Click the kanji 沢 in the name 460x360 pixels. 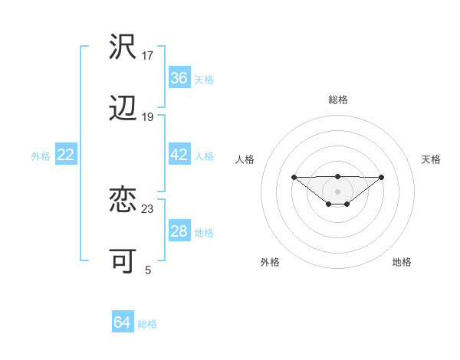123,47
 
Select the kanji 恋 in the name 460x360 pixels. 123,200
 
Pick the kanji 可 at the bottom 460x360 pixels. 123,261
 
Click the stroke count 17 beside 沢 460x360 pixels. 148,55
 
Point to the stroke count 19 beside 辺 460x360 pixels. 148,116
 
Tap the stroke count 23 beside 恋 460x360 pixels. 148,208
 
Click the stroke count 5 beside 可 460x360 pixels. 148,270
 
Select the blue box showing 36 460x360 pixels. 179,78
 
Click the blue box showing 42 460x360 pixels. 179,155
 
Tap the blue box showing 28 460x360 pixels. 179,231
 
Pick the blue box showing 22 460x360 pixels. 66,155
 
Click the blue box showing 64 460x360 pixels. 122,323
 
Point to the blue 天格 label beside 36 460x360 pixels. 204,79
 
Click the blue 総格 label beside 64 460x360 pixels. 147,324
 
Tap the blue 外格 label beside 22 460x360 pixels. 41,155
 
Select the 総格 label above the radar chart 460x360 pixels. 337,100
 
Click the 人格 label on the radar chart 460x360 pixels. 245,159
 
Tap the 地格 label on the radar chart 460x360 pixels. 402,262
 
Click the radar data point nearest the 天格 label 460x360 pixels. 382,177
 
